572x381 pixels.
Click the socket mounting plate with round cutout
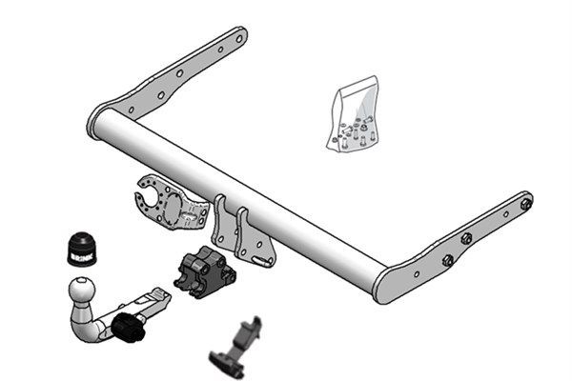click(168, 205)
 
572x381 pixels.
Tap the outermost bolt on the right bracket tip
click(525, 203)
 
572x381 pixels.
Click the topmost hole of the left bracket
click(235, 40)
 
